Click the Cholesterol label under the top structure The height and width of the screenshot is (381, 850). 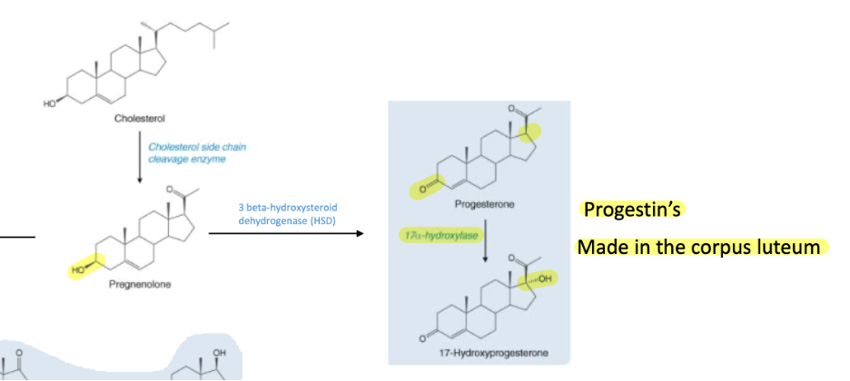click(139, 118)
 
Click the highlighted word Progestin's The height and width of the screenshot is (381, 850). click(632, 210)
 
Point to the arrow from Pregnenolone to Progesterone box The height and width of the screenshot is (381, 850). click(286, 234)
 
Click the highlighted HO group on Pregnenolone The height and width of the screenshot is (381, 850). click(79, 269)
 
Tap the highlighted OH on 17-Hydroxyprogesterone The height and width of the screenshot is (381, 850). click(543, 278)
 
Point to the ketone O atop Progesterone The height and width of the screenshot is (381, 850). click(513, 110)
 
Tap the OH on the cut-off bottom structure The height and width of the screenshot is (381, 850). click(218, 351)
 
